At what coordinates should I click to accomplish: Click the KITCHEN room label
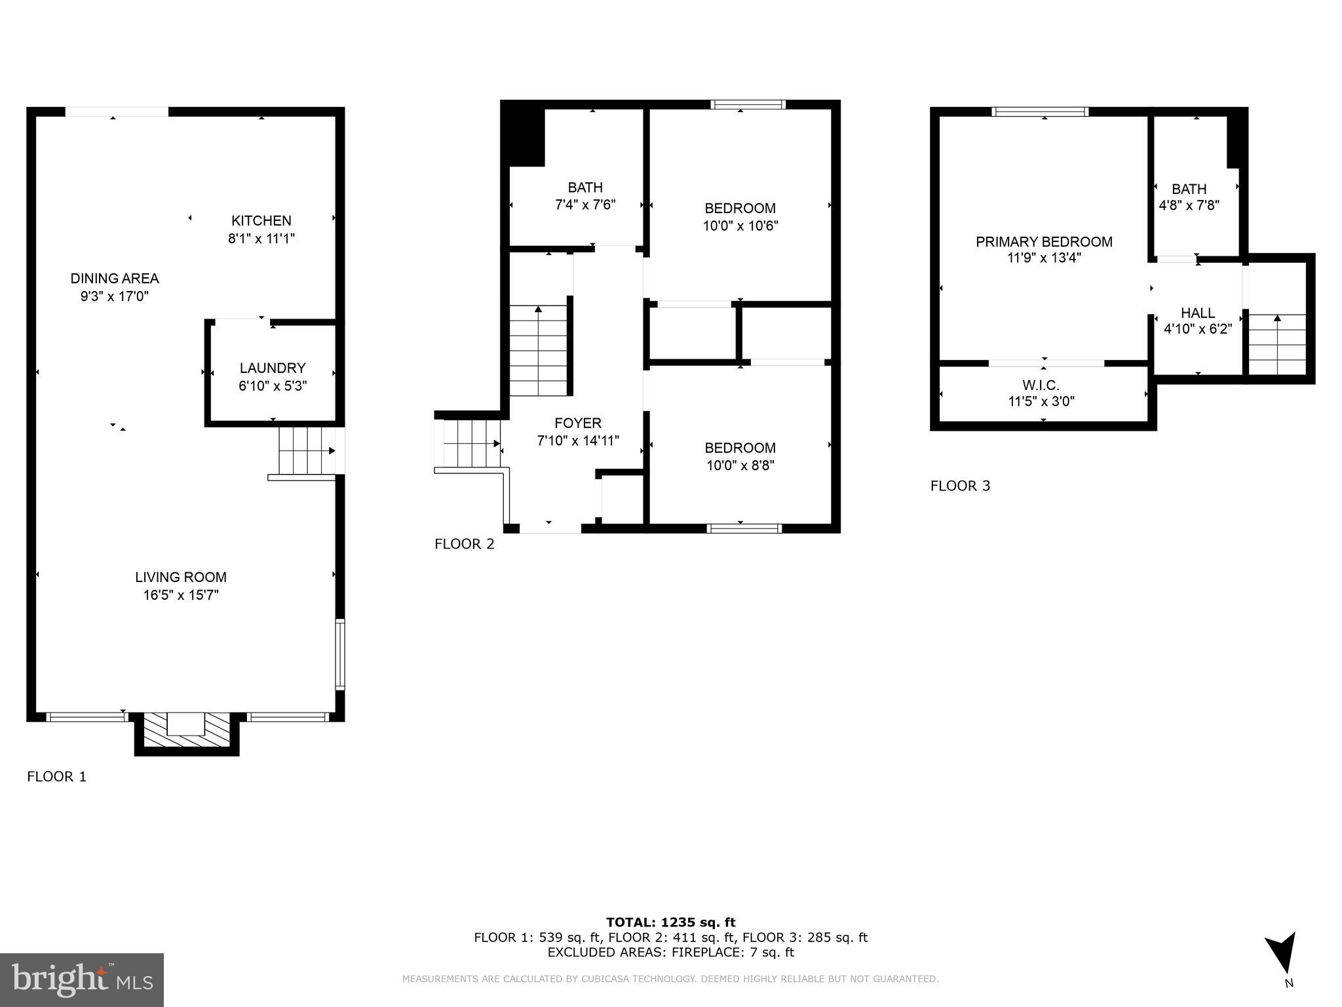click(261, 221)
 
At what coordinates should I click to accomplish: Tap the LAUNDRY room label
click(273, 368)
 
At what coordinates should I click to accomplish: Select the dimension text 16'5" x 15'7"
click(181, 595)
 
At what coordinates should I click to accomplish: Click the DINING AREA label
click(115, 279)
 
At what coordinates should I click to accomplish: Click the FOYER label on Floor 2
click(577, 424)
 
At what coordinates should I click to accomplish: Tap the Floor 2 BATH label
click(585, 188)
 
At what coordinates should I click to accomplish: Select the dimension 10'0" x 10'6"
click(740, 226)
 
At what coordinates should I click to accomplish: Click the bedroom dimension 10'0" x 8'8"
click(740, 466)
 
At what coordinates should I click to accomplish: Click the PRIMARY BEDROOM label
click(1044, 242)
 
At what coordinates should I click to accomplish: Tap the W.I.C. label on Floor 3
click(1041, 385)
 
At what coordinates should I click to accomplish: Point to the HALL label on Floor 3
click(1198, 313)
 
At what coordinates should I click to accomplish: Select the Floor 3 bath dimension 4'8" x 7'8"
click(1189, 205)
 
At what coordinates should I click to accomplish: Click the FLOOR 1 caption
click(56, 777)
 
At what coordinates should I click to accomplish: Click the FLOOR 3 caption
click(960, 486)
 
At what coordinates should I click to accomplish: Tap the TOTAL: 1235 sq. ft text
click(670, 923)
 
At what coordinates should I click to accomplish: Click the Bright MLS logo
click(82, 980)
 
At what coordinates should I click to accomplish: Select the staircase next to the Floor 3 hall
click(1277, 344)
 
